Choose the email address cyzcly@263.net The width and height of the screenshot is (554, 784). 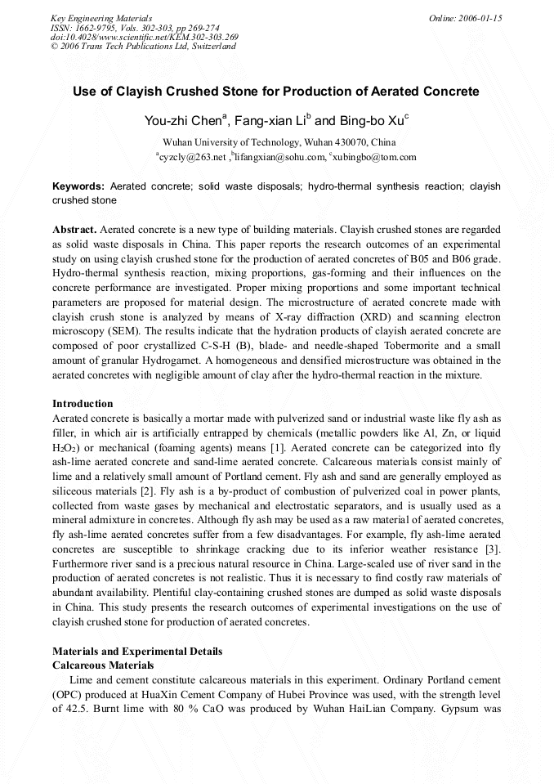click(191, 157)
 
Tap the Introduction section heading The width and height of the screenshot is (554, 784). click(83, 403)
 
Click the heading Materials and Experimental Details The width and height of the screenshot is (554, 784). click(136, 652)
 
